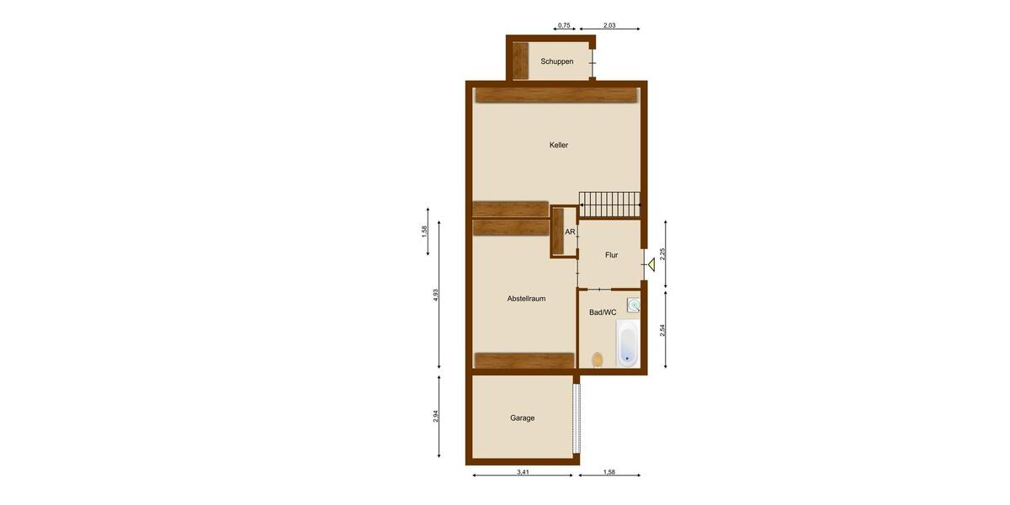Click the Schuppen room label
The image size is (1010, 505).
tap(557, 61)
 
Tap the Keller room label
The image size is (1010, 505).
tap(559, 145)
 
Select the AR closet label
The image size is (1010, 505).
tap(570, 231)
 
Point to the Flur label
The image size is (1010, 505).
tap(612, 255)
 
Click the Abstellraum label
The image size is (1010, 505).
tap(527, 299)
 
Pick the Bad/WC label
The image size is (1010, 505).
tap(603, 312)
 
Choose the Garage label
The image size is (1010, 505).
tap(523, 417)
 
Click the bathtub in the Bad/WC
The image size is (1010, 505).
tap(627, 343)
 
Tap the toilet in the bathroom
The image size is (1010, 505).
tap(598, 359)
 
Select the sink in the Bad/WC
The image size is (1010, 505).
tap(633, 306)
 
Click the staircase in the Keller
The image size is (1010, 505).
tap(609, 204)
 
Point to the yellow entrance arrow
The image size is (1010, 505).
tap(651, 265)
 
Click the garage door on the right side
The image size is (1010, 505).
tap(577, 418)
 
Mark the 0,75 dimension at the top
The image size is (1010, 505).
tap(565, 26)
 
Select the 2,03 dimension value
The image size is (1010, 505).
tap(610, 26)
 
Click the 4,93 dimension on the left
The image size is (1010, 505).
tap(436, 296)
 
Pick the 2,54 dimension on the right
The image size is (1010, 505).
tap(663, 330)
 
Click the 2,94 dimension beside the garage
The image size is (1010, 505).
tap(436, 416)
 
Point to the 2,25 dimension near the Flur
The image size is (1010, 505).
tap(663, 253)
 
